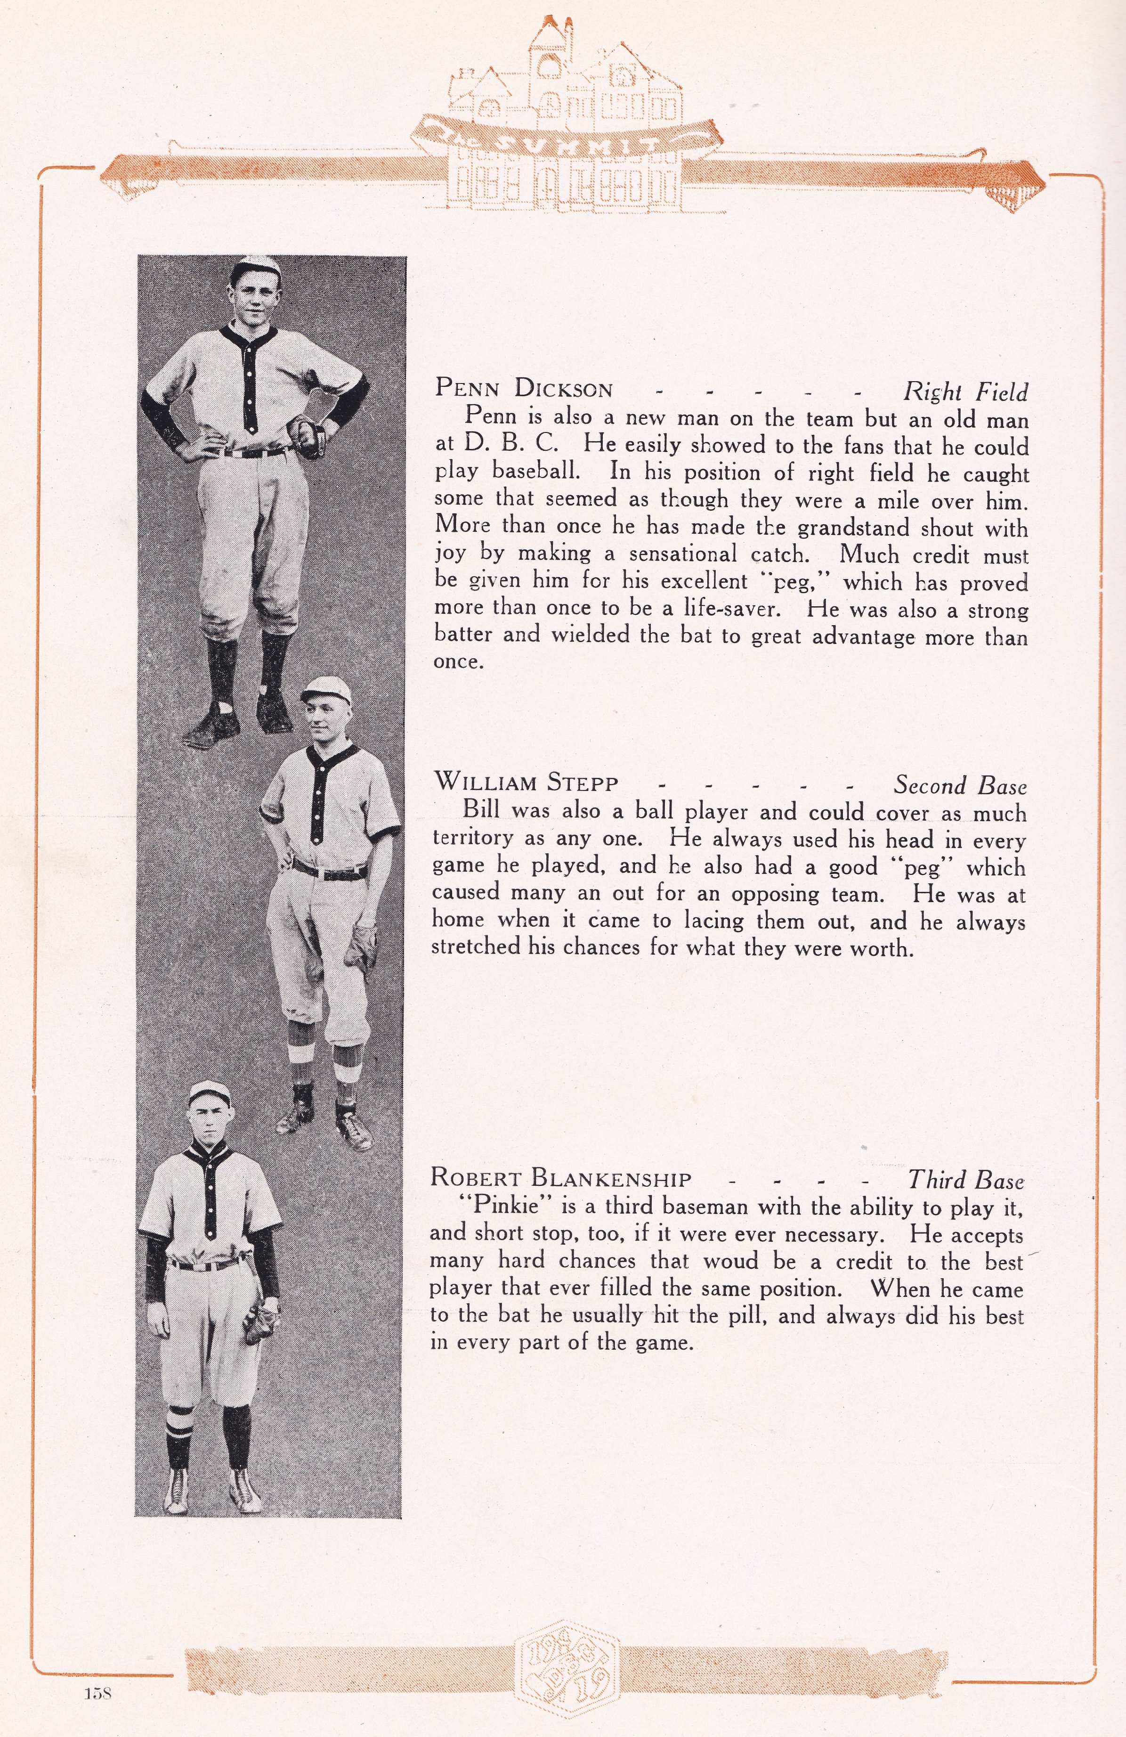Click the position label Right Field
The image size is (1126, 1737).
tap(965, 392)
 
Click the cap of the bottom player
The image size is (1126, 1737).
tap(210, 1093)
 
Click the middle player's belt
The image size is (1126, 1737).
tap(330, 870)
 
